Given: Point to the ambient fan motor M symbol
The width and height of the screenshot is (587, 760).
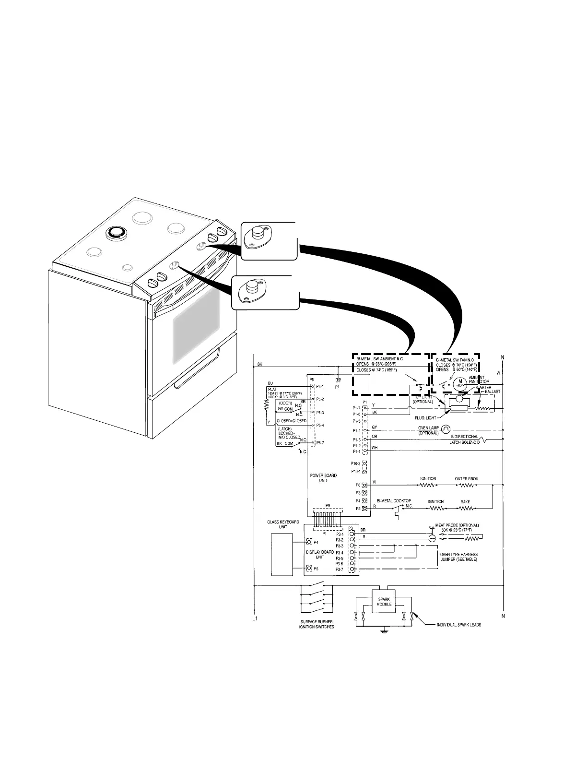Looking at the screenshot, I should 461,382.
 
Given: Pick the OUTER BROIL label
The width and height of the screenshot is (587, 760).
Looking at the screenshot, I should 467,479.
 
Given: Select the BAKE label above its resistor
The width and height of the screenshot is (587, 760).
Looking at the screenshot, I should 465,502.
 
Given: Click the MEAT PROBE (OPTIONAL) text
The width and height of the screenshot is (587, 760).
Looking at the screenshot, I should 457,525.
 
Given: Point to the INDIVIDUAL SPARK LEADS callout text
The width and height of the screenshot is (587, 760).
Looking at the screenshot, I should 459,625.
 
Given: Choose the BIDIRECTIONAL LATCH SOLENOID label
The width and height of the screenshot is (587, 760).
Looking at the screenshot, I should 464,439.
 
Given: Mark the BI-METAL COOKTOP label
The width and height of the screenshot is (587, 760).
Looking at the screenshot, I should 393,500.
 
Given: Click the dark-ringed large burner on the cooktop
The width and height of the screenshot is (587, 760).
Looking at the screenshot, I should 115,232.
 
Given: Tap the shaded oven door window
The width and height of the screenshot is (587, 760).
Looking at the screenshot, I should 197,326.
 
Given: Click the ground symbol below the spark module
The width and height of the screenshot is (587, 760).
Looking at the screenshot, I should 384,630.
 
